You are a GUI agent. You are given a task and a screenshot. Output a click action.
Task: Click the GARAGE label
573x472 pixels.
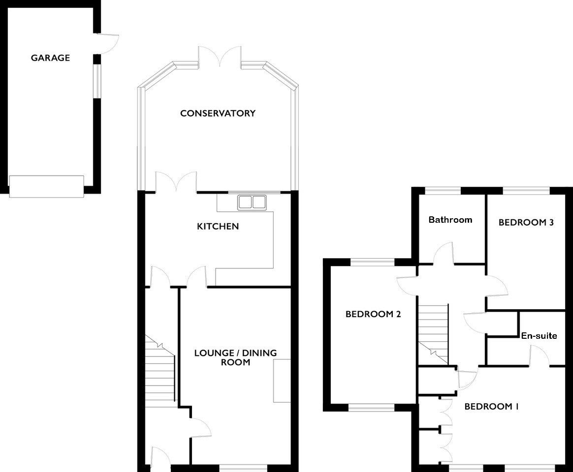50,58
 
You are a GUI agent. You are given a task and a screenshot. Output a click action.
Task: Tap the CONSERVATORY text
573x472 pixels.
218,113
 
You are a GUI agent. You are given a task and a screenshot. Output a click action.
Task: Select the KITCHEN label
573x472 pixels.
218,226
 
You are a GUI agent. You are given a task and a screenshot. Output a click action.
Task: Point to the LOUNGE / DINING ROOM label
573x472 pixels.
235,357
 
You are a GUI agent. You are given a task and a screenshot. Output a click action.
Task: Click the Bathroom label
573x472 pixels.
450,220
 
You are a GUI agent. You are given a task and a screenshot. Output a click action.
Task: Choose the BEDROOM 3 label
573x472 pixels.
526,222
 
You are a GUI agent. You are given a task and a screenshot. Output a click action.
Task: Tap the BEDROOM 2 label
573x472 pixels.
373,314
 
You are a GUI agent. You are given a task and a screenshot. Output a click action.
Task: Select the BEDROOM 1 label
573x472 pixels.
491,406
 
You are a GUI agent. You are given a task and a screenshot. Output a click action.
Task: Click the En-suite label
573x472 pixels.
539,336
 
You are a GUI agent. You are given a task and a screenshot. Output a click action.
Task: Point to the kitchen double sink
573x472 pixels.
252,202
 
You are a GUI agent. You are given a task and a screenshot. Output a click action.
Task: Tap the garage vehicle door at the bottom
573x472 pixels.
46,186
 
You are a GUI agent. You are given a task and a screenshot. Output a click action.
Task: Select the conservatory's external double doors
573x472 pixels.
220,58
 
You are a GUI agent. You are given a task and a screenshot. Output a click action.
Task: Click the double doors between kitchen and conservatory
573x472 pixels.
176,182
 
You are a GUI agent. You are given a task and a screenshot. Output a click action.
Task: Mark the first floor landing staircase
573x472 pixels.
433,334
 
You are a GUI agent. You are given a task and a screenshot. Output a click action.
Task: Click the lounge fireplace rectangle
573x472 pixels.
282,381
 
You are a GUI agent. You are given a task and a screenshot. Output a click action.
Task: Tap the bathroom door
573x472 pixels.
444,253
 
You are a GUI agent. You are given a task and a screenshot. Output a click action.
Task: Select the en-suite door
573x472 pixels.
540,355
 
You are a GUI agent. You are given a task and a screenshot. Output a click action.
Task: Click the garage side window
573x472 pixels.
97,81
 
